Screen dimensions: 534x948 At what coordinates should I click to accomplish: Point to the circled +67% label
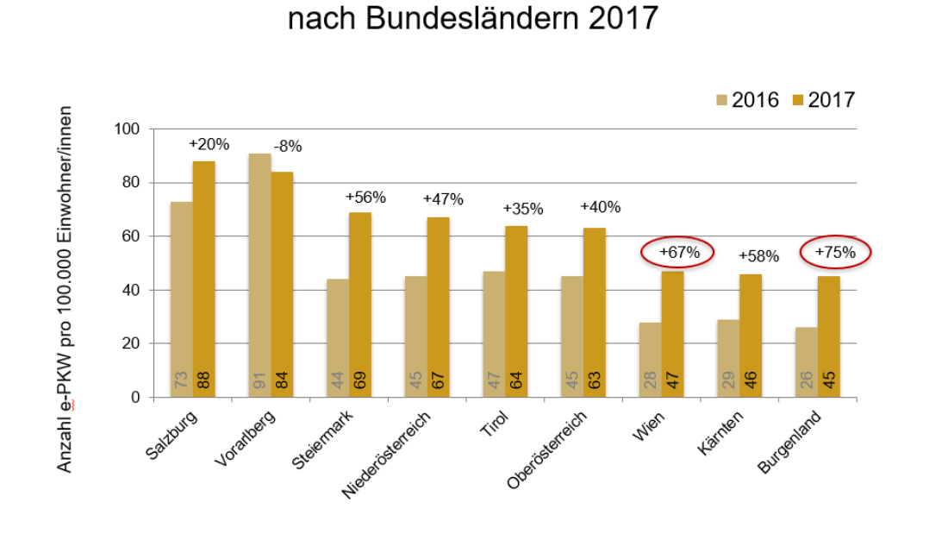point(677,253)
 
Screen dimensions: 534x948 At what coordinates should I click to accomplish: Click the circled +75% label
point(835,252)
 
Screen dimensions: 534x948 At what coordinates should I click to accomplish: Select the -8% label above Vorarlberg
point(287,147)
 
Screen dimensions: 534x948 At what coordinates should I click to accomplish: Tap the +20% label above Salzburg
point(209,144)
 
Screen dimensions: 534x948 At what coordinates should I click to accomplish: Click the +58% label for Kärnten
point(758,256)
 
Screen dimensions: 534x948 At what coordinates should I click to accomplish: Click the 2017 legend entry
point(823,100)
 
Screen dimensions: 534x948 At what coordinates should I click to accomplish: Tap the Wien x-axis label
point(648,425)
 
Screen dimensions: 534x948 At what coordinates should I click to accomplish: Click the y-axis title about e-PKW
point(65,289)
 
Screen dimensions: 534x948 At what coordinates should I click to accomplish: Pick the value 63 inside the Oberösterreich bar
point(595,380)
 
